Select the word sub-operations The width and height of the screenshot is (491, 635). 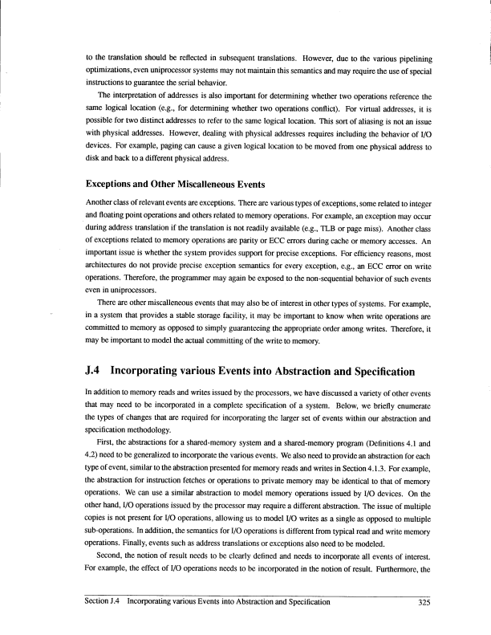[112, 527]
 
